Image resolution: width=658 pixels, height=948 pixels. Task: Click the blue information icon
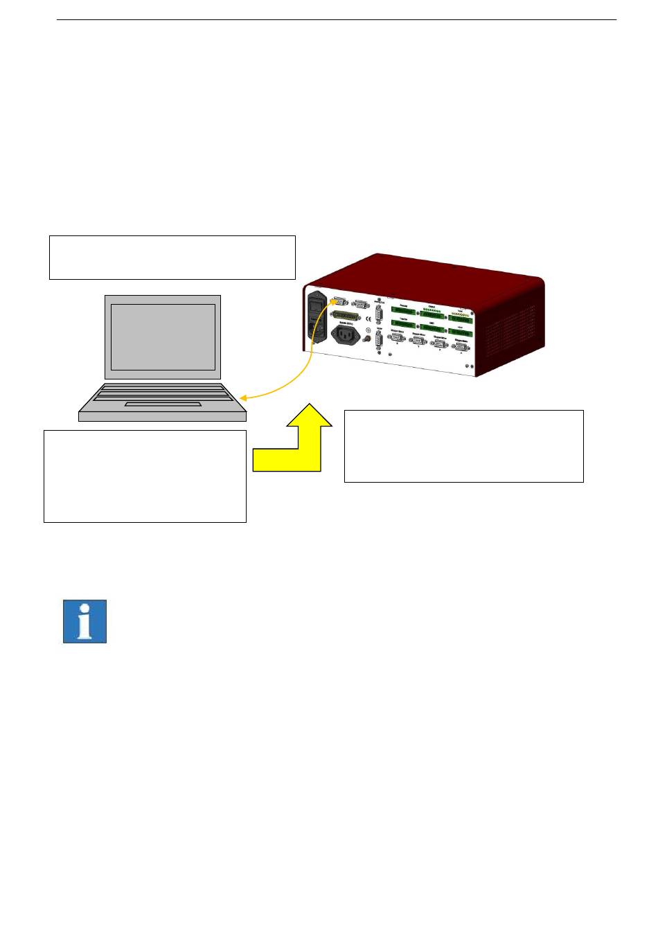tap(85, 621)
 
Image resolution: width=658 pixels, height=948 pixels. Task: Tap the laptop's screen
tap(163, 337)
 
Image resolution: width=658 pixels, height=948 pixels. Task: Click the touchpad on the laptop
tap(163, 404)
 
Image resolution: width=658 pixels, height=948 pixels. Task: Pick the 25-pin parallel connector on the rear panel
tap(348, 315)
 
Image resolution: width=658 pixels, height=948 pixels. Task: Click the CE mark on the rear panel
tap(368, 320)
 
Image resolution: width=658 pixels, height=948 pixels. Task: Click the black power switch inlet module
tap(317, 319)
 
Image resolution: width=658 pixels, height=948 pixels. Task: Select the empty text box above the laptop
tap(172, 257)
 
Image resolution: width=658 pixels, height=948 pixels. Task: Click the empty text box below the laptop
tap(145, 476)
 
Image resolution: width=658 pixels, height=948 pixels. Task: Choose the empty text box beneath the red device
tap(463, 445)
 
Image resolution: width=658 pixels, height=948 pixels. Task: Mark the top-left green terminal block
tap(404, 311)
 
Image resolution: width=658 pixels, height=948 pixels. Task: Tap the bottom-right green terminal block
tap(461, 332)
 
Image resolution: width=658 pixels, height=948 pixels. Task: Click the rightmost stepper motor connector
tap(461, 346)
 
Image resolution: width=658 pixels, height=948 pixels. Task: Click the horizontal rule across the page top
tap(336, 19)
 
